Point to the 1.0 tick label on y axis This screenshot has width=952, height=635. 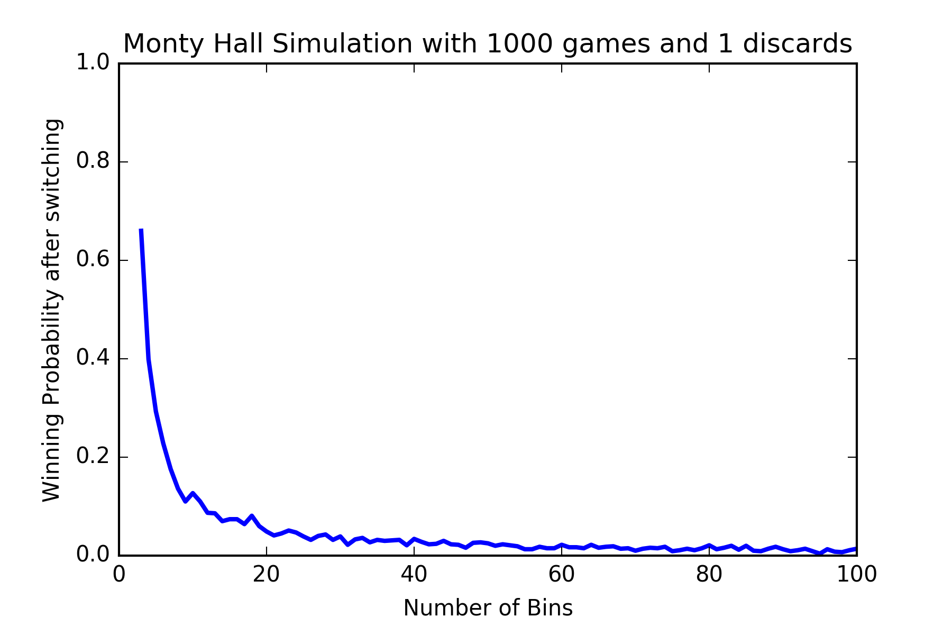click(x=93, y=63)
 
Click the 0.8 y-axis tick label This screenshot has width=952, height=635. click(x=93, y=161)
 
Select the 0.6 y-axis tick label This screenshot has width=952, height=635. click(x=93, y=260)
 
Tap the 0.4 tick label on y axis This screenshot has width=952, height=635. click(x=93, y=358)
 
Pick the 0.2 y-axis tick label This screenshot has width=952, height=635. click(x=93, y=457)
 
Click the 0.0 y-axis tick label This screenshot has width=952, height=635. click(x=93, y=555)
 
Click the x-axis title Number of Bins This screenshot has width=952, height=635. click(x=488, y=609)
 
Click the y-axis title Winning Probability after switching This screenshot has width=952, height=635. click(x=52, y=310)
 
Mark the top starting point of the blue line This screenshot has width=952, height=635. click(x=141, y=230)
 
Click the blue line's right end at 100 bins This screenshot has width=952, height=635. click(x=855, y=549)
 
